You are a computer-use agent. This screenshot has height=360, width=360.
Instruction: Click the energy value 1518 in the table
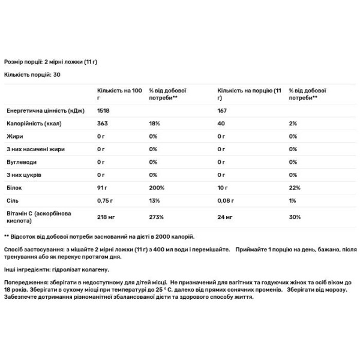point(105,111)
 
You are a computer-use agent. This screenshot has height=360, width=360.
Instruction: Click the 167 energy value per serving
point(223,111)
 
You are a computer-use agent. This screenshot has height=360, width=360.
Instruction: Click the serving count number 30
point(58,74)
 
